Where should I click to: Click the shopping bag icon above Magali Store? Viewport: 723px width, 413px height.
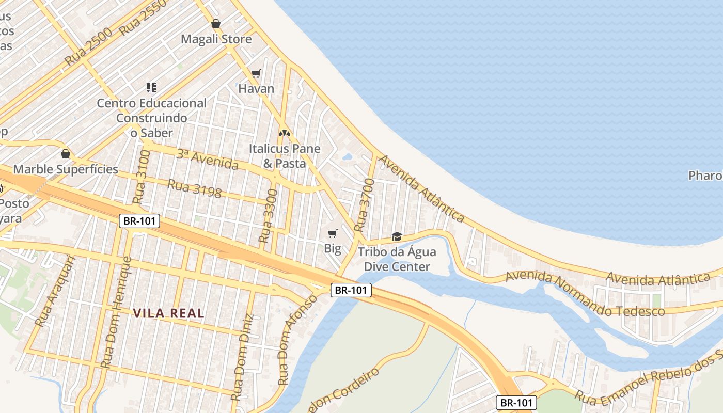point(216,24)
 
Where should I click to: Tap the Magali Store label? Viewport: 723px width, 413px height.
point(216,39)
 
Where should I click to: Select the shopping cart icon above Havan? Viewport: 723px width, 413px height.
point(256,73)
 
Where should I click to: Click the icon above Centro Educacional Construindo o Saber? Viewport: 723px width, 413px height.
point(151,88)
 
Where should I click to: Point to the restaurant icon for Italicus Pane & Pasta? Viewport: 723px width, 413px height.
point(285,133)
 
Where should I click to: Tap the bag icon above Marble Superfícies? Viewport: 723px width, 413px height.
point(66,154)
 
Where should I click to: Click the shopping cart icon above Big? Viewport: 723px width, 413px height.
point(333,233)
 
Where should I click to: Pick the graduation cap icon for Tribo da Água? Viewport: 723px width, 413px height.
point(397,236)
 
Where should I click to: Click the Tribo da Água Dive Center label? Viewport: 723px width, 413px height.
point(397,260)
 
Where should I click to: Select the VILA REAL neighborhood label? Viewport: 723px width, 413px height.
point(169,313)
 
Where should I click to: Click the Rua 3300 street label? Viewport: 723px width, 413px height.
point(268,216)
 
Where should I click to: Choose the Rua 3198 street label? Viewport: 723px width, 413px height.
point(195,188)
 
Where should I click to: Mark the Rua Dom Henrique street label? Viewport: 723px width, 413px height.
point(116,312)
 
